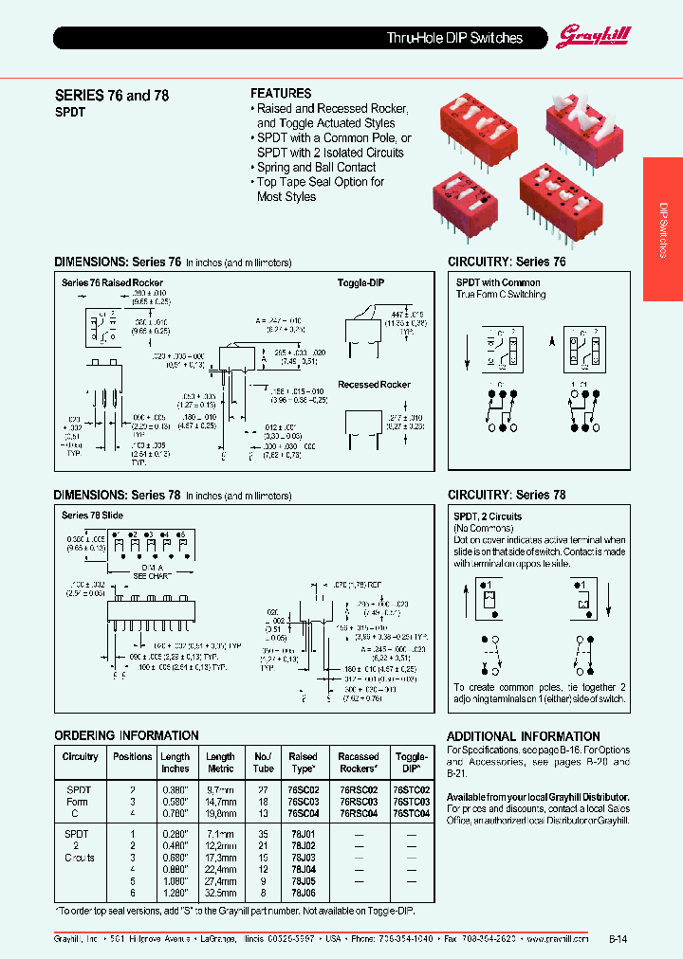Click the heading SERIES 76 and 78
pos(111,96)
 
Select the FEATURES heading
pos(281,93)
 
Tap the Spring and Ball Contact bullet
pos(316,167)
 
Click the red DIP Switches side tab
pos(663,229)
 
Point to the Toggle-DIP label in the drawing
pos(361,282)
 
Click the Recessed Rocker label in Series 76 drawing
pos(375,385)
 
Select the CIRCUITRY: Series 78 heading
pos(507,495)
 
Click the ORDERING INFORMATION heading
pos(126,735)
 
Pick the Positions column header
pos(132,756)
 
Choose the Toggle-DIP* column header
pos(411,763)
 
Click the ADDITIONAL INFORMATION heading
pos(523,736)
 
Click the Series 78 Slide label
pos(92,515)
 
